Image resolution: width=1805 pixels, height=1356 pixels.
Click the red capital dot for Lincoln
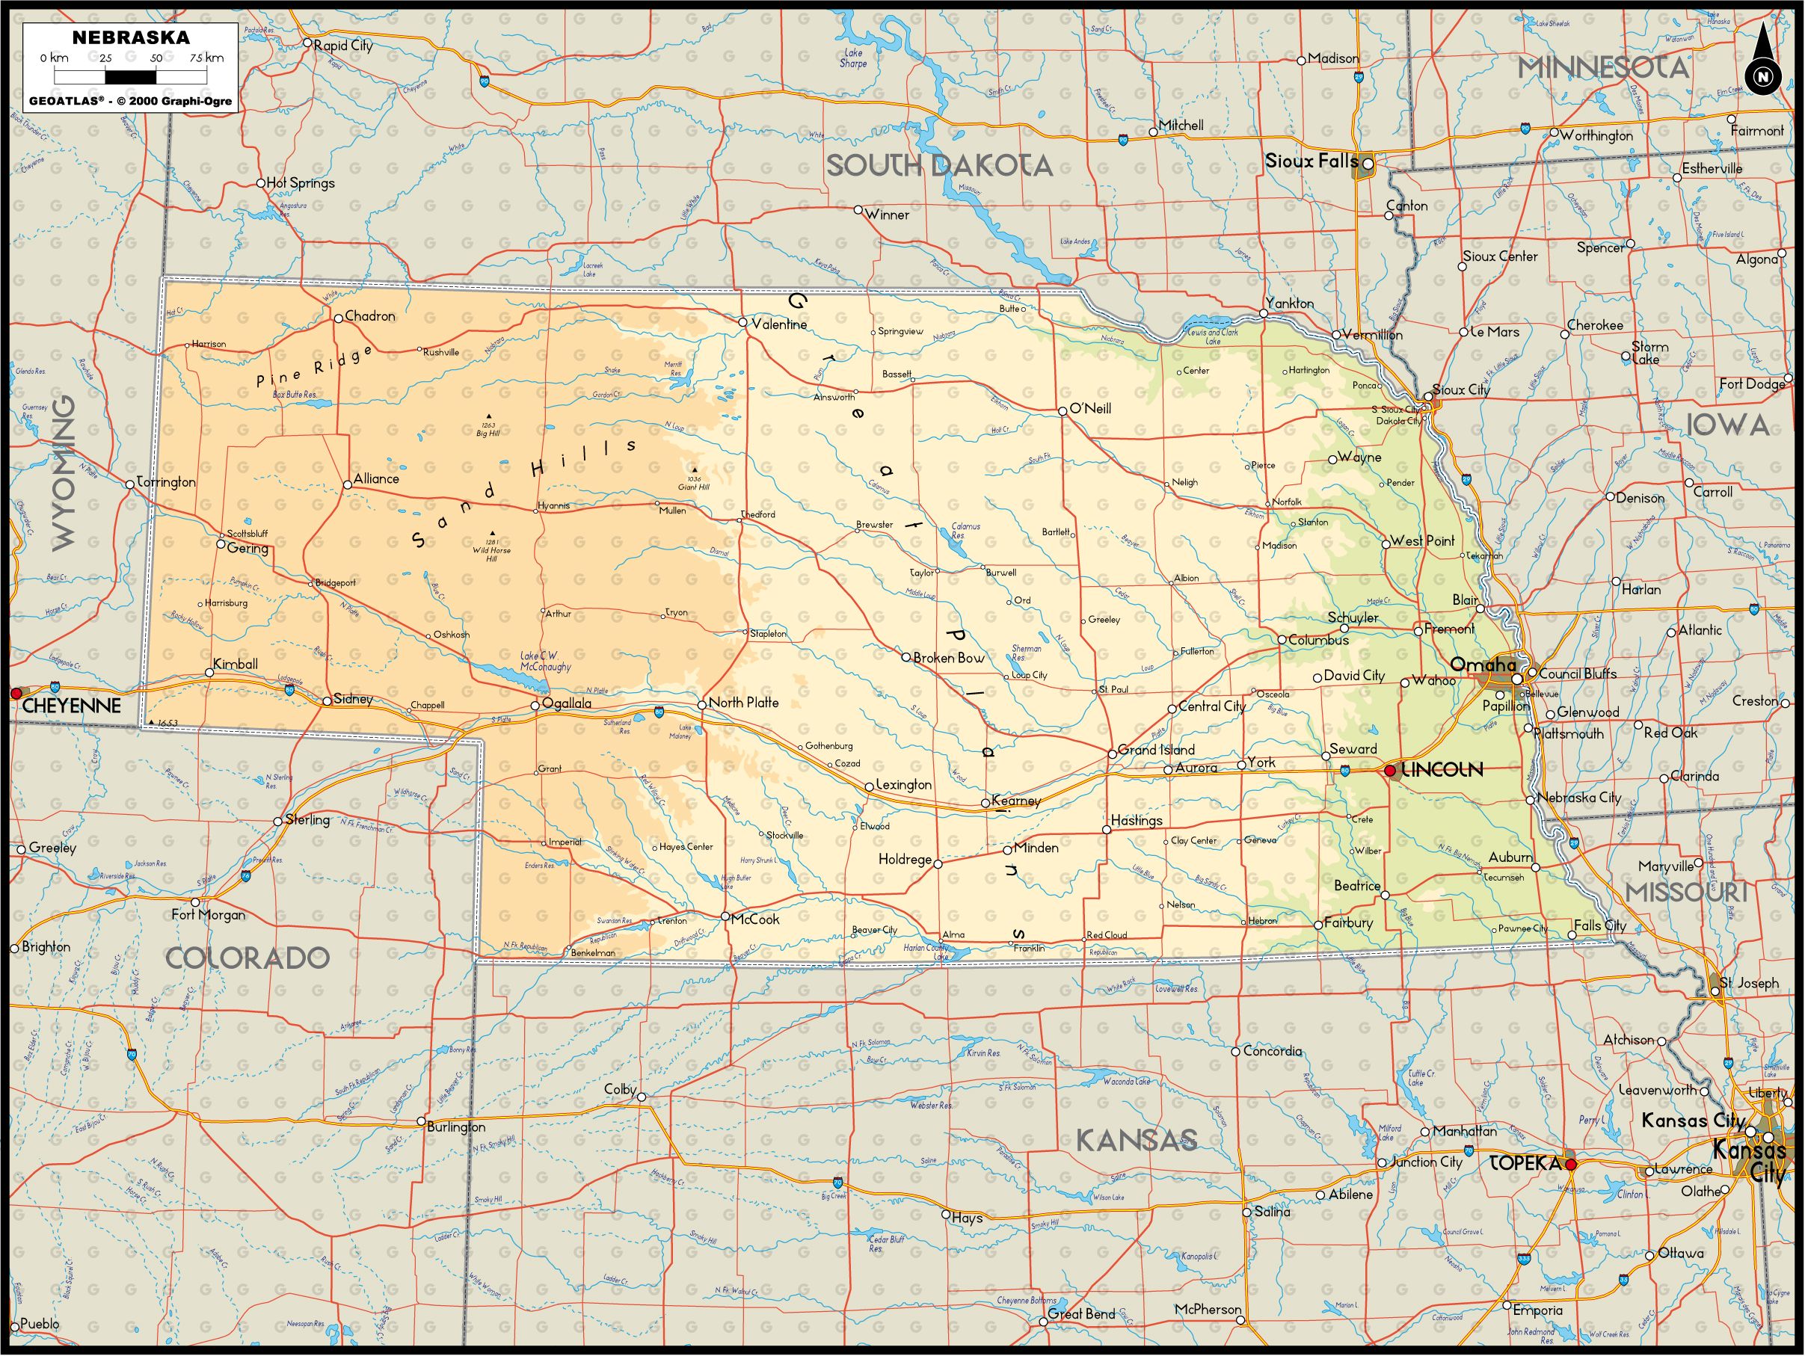click(x=1390, y=770)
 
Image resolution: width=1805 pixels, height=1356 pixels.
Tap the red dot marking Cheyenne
click(x=16, y=693)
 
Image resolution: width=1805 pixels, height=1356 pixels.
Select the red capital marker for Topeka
click(x=1570, y=1165)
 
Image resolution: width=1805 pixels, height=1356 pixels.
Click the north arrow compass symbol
click(x=1763, y=64)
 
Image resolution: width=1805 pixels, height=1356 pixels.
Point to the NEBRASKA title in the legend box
click(x=131, y=37)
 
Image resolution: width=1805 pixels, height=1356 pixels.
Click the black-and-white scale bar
click(x=131, y=78)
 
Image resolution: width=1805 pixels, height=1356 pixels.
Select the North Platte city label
click(x=743, y=703)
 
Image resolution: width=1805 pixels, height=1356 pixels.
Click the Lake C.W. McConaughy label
click(x=545, y=661)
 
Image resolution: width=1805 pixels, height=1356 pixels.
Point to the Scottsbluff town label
click(x=247, y=534)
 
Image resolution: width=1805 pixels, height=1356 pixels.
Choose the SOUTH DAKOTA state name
click(x=939, y=166)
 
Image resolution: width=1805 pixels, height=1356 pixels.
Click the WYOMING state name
click(x=64, y=472)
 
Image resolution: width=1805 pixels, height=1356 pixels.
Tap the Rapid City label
click(x=343, y=46)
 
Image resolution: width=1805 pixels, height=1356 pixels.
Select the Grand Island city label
click(x=1156, y=750)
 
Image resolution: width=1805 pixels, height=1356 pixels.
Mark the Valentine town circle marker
click(x=743, y=322)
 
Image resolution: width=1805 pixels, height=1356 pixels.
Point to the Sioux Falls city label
click(x=1312, y=161)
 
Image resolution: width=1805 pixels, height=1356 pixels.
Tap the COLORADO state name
click(x=247, y=958)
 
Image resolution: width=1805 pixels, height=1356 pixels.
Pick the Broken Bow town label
click(x=949, y=658)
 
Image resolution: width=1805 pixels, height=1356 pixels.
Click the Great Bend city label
click(x=1081, y=1313)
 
